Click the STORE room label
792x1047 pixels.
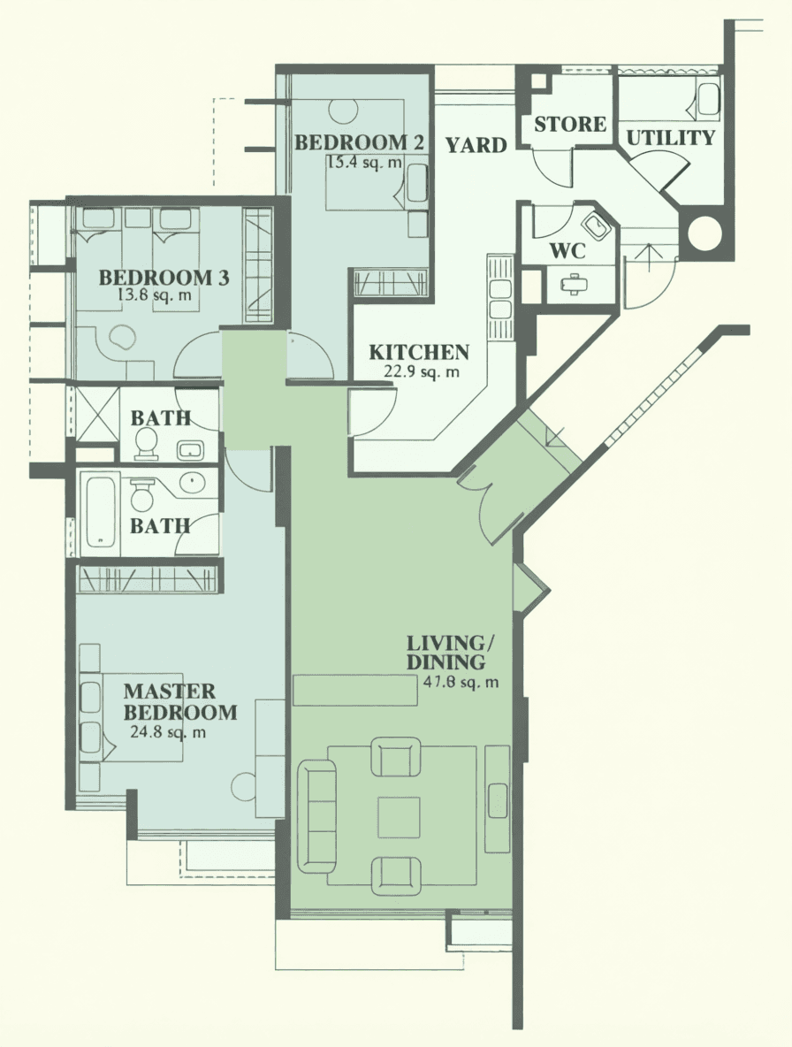pos(570,124)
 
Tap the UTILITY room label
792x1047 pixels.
pos(671,138)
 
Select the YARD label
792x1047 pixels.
pos(476,145)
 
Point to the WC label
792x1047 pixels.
pos(567,251)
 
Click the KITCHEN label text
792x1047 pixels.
pos(419,352)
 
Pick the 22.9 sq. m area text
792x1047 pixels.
pos(422,372)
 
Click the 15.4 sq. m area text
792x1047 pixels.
pos(364,162)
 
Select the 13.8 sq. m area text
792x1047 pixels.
pos(154,294)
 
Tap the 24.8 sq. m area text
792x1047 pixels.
pos(167,732)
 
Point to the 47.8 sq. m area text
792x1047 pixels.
pos(461,683)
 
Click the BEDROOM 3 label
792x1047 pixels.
pos(164,277)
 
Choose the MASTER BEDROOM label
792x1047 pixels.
pos(180,701)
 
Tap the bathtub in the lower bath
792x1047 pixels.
pos(100,511)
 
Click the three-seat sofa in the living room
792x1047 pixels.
pos(316,816)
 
